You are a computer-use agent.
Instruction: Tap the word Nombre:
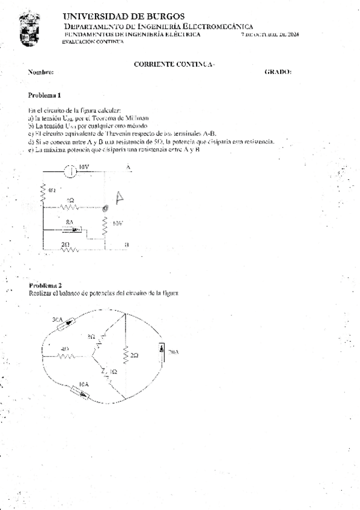(41, 72)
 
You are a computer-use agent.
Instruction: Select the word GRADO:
(278, 72)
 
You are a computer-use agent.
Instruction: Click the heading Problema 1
(44, 95)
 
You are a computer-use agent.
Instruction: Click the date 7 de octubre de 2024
(269, 35)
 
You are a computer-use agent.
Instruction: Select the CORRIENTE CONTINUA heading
(174, 63)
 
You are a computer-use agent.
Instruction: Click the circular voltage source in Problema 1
(70, 171)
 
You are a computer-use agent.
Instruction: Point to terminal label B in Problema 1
(126, 245)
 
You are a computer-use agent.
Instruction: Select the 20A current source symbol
(162, 351)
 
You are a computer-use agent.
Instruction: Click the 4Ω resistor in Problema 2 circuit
(66, 355)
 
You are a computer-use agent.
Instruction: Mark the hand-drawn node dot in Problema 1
(105, 207)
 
